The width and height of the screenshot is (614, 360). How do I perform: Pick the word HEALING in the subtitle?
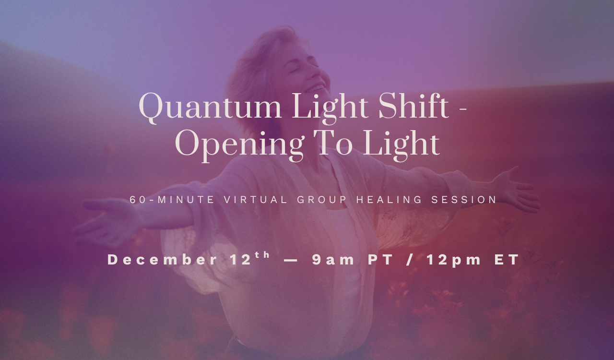pos(384,200)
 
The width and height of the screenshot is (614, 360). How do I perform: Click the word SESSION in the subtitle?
pos(464,200)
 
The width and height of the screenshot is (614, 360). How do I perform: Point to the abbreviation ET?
pos(507,260)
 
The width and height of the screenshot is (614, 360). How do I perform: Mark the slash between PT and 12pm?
pos(411,260)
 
